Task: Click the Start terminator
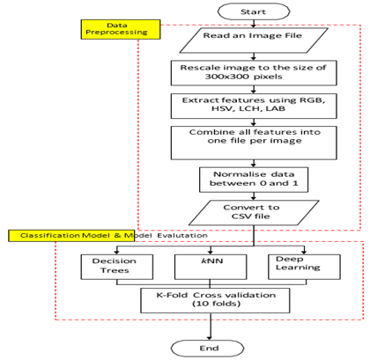tap(254, 11)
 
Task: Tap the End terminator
tap(208, 349)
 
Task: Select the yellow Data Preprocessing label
tap(121, 29)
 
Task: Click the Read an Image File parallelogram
tap(254, 40)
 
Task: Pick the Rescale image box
tap(254, 73)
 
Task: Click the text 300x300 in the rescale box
tap(227, 77)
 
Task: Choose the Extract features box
tap(254, 106)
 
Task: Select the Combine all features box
tap(254, 143)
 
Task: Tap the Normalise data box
tap(254, 180)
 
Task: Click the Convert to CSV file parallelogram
tap(254, 213)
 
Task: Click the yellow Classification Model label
tap(71, 236)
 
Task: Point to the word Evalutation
tap(182, 235)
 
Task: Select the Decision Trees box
tap(117, 267)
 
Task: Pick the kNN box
tap(211, 267)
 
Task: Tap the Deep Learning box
tap(304, 267)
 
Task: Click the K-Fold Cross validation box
tap(215, 300)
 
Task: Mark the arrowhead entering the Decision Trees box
tap(117, 252)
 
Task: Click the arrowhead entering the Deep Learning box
tap(304, 252)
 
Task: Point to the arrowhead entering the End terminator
tap(211, 338)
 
